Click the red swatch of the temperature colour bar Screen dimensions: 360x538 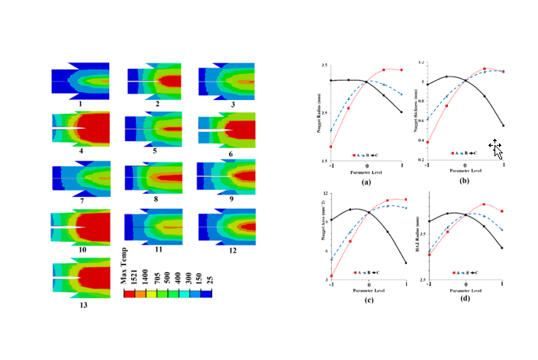point(129,291)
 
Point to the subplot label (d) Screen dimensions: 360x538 point(465,298)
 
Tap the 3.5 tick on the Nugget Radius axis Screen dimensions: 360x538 point(324,66)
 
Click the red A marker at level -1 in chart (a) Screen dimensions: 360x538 point(331,146)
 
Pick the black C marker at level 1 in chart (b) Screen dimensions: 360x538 point(503,126)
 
